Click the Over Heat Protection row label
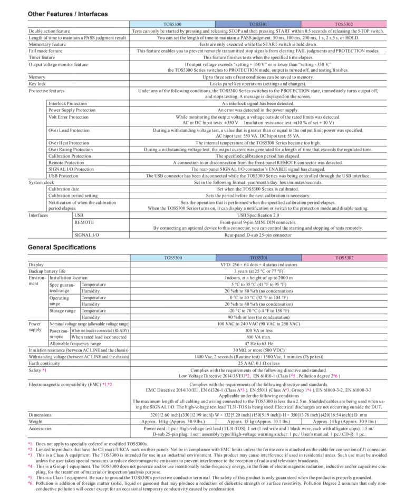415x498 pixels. click(69, 143)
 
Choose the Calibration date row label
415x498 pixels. click(64, 188)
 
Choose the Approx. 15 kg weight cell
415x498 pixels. click(258, 422)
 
